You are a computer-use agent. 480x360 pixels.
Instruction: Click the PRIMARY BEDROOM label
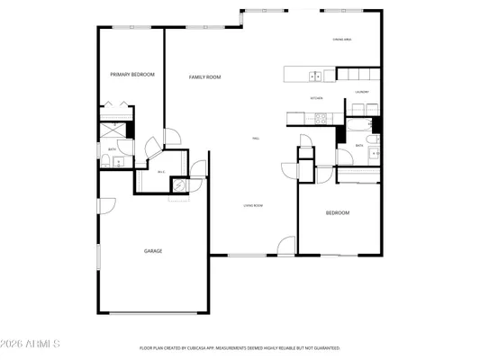point(131,74)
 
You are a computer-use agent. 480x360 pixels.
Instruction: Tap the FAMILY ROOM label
point(204,77)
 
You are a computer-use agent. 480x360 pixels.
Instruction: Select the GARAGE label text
point(153,250)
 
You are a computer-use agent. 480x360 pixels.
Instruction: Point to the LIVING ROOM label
point(252,206)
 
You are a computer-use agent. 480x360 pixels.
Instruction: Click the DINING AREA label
point(341,40)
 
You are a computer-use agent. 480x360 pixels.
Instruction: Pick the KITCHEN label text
point(316,97)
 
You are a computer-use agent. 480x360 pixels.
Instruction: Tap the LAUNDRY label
point(362,92)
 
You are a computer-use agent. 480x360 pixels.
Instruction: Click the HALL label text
point(255,139)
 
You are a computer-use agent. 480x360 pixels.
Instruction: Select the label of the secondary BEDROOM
point(337,212)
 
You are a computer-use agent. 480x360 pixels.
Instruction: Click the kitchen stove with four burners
point(321,116)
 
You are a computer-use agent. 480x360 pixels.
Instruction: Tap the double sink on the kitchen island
point(314,74)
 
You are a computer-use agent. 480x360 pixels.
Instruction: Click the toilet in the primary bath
point(105,162)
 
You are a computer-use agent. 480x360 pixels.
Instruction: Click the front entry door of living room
point(286,245)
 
